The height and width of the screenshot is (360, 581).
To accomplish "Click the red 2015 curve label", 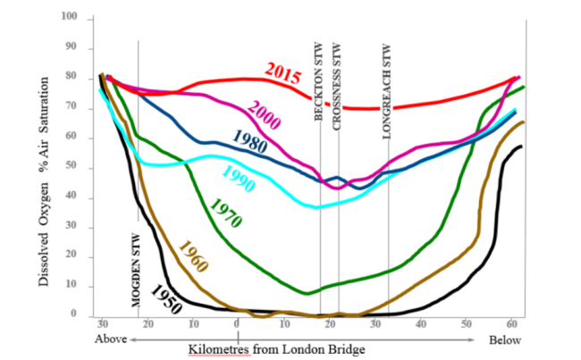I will tap(282, 74).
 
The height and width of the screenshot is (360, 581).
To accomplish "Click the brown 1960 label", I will tap(195, 257).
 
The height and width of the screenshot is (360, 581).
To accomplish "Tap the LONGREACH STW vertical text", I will tap(387, 90).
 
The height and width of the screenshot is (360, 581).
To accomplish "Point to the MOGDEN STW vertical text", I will tap(136, 270).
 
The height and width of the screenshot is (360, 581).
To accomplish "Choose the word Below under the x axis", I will tap(506, 340).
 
